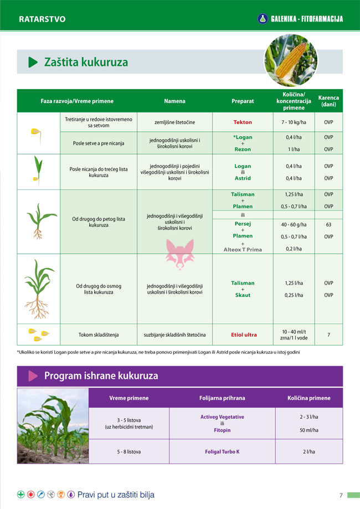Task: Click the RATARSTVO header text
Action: coord(42,19)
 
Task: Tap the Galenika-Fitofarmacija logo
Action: coord(301,19)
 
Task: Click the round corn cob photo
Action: coord(290,60)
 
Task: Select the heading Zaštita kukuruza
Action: coord(86,63)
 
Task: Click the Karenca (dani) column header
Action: coord(328,101)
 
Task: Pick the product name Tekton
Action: coord(243,122)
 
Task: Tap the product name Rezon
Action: coord(243,150)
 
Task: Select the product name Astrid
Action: coord(243,178)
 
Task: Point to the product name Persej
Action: coord(243,224)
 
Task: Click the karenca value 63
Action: coord(328,224)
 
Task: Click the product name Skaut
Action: coord(243,295)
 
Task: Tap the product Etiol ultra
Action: coord(244,335)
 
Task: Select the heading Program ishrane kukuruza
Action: coord(101,376)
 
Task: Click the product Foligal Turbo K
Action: coord(222,452)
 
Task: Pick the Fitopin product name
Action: coord(222,430)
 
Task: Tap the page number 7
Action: coord(341,495)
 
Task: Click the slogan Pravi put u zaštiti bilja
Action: coord(116,495)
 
